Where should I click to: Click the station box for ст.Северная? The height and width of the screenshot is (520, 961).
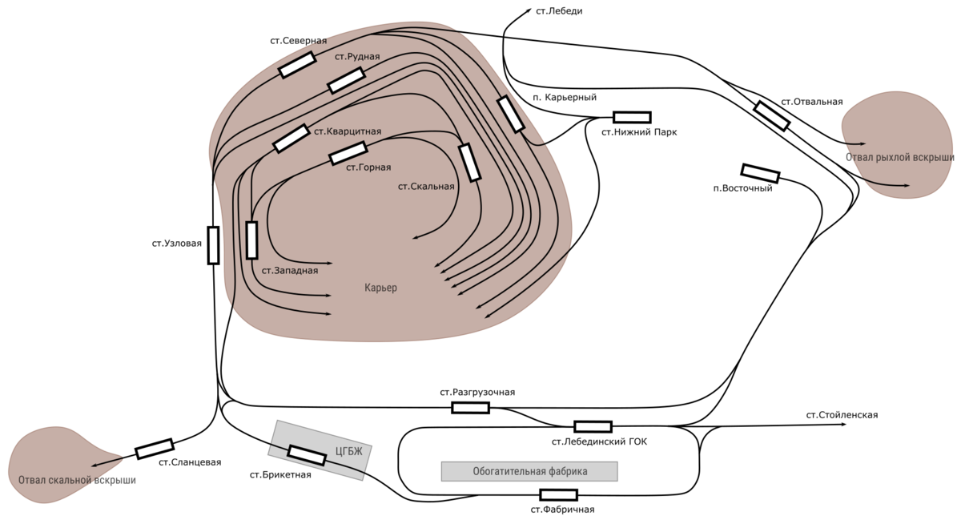click(297, 65)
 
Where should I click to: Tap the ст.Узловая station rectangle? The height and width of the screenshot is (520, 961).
click(213, 245)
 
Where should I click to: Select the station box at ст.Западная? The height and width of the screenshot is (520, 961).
click(251, 240)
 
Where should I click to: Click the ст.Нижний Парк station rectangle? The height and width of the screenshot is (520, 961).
click(632, 117)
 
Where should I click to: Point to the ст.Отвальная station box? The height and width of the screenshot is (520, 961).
click(772, 116)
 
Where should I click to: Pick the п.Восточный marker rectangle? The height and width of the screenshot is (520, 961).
click(760, 174)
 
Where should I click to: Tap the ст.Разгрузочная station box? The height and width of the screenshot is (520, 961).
click(470, 408)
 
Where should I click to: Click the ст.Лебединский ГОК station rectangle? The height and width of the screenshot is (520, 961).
click(593, 426)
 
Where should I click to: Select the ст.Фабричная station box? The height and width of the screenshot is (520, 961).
click(559, 494)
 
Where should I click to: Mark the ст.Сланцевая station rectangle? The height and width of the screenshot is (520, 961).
click(155, 449)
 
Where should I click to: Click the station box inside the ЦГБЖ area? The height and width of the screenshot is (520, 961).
click(306, 455)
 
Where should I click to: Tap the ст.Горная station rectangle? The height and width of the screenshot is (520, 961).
click(348, 153)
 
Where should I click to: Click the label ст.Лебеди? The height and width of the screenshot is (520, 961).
click(559, 11)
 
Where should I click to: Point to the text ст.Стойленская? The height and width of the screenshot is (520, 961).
click(842, 415)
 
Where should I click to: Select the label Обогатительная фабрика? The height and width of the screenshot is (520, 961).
click(530, 471)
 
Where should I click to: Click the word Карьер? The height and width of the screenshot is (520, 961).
click(380, 288)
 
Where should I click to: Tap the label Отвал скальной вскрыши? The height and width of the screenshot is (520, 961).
click(77, 480)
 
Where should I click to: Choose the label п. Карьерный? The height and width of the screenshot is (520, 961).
click(565, 97)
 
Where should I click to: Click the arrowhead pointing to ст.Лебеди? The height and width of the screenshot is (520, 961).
click(528, 10)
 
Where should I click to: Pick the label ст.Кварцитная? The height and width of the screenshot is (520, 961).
click(348, 131)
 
